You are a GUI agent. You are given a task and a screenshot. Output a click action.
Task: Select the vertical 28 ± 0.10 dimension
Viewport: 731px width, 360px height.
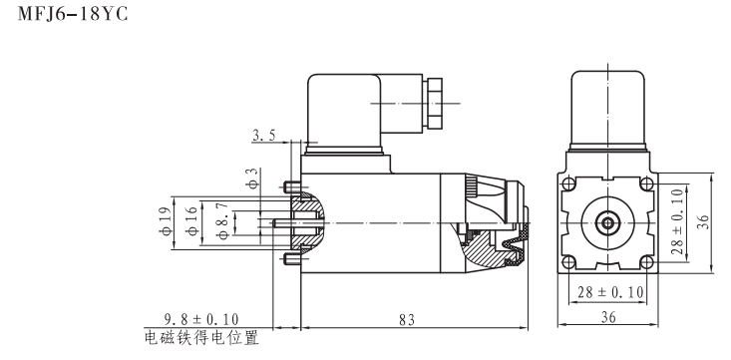point(678,223)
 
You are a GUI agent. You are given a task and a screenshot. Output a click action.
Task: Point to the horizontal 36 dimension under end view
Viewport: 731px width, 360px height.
point(605,319)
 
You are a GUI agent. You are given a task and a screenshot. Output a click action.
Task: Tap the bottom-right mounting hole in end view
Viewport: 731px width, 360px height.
point(646,263)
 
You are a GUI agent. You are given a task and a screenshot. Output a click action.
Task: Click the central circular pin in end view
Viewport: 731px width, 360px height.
point(605,223)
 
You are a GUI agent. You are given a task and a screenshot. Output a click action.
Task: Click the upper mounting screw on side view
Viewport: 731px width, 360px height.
point(289,186)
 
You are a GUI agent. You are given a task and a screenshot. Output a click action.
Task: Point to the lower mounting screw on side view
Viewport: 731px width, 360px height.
point(289,260)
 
